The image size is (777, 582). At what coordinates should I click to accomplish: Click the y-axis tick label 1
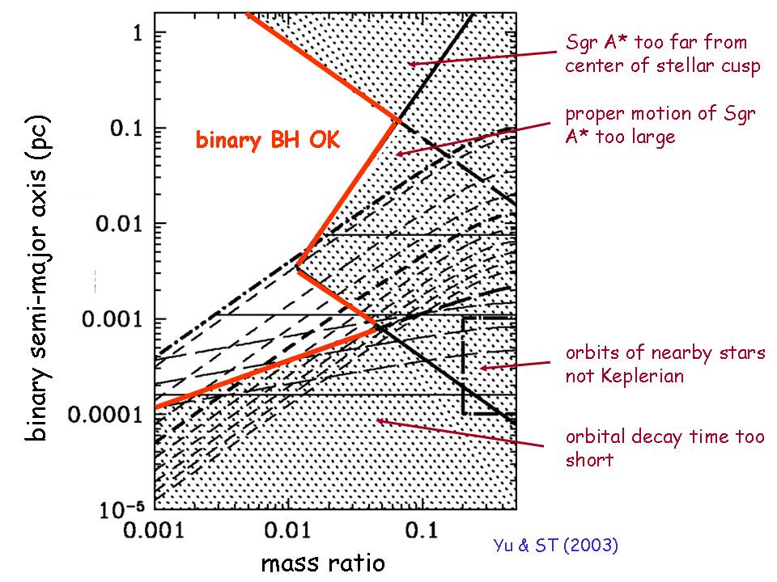pos(138,33)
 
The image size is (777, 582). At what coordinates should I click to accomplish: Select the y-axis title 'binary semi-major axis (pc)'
pos(37,275)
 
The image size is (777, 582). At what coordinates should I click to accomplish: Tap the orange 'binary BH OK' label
pos(267,140)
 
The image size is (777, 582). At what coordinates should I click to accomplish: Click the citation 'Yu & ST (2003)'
pos(555,546)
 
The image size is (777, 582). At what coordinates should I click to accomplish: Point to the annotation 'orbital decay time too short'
pos(664,448)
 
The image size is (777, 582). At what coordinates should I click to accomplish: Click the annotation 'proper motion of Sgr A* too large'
pos(660,125)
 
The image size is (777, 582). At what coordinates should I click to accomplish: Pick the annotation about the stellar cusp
pos(662,53)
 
